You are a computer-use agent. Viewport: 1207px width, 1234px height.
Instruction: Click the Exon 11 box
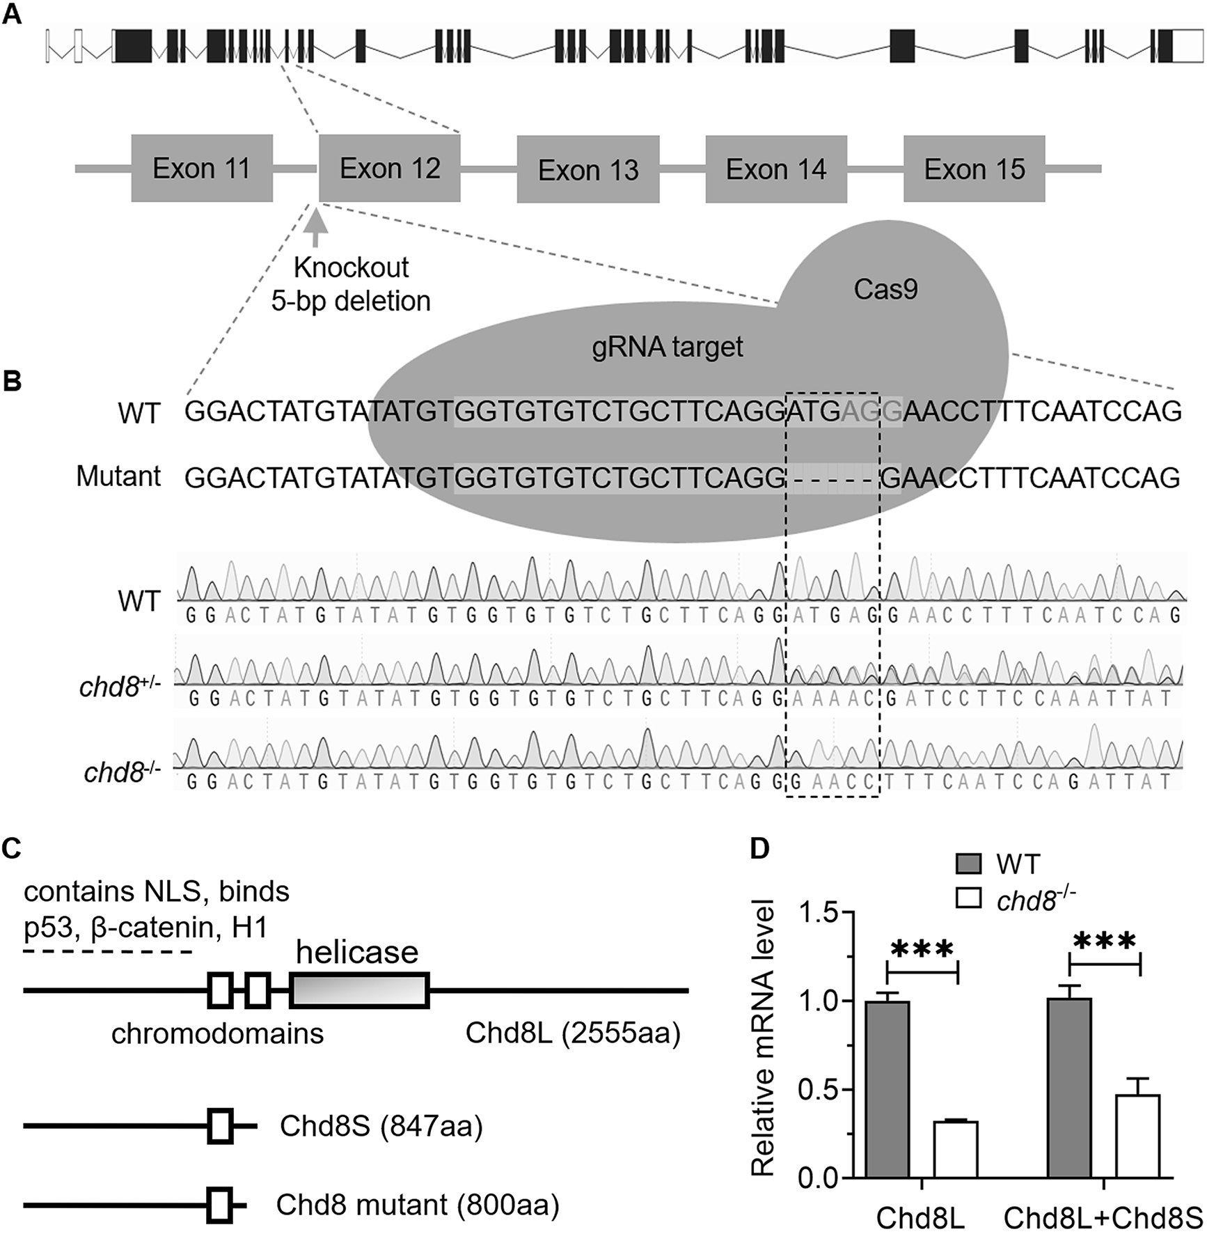coord(202,169)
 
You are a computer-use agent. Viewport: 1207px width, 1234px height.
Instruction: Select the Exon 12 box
coord(390,169)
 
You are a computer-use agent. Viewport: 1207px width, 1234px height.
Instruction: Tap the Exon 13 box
coord(588,169)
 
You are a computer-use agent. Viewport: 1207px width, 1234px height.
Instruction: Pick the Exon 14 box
coord(776,169)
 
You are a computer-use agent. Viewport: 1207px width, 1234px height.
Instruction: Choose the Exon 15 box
coord(975,169)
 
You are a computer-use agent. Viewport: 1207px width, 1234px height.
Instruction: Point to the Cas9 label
coord(885,290)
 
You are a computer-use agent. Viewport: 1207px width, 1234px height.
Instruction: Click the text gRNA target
coord(667,346)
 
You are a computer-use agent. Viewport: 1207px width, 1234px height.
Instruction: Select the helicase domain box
coord(359,990)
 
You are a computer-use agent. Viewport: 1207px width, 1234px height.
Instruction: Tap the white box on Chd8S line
coord(221,1126)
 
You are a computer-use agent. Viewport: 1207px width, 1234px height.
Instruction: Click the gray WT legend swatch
coord(967,866)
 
